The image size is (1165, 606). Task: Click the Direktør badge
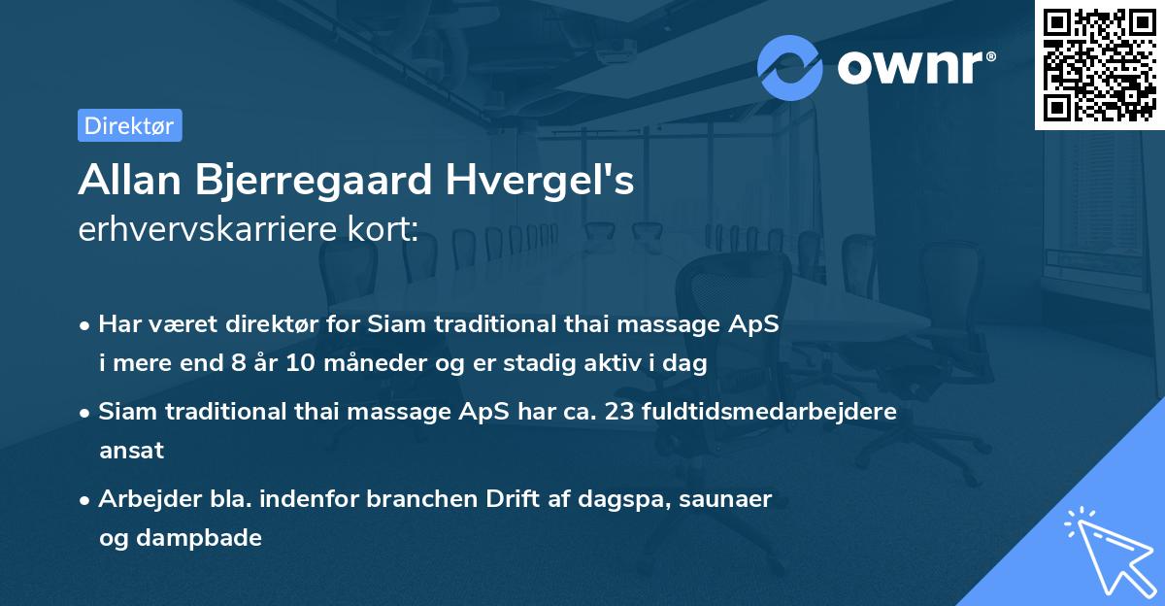point(129,125)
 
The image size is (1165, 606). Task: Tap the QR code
point(1097,64)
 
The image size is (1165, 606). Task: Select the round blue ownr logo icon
point(790,67)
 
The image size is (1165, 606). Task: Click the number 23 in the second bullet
point(618,412)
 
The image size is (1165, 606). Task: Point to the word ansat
point(131,451)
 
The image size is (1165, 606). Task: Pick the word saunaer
point(727,499)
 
